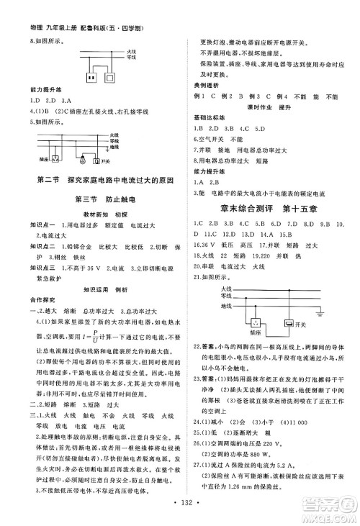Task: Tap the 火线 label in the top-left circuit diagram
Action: pyautogui.click(x=131, y=52)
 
